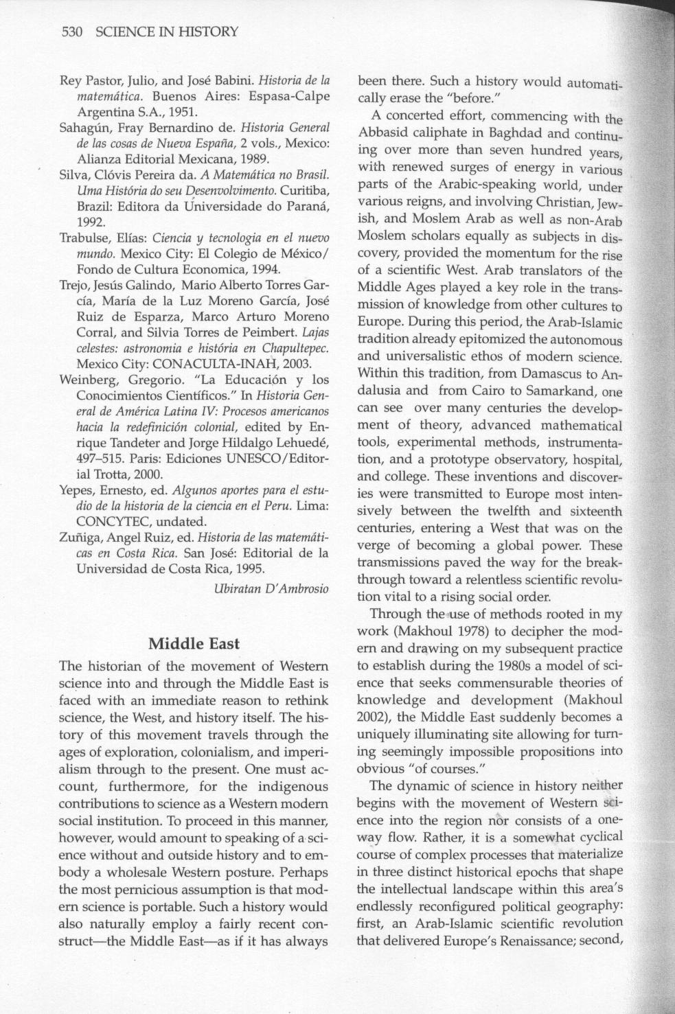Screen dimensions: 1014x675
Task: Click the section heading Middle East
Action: tap(194, 643)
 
